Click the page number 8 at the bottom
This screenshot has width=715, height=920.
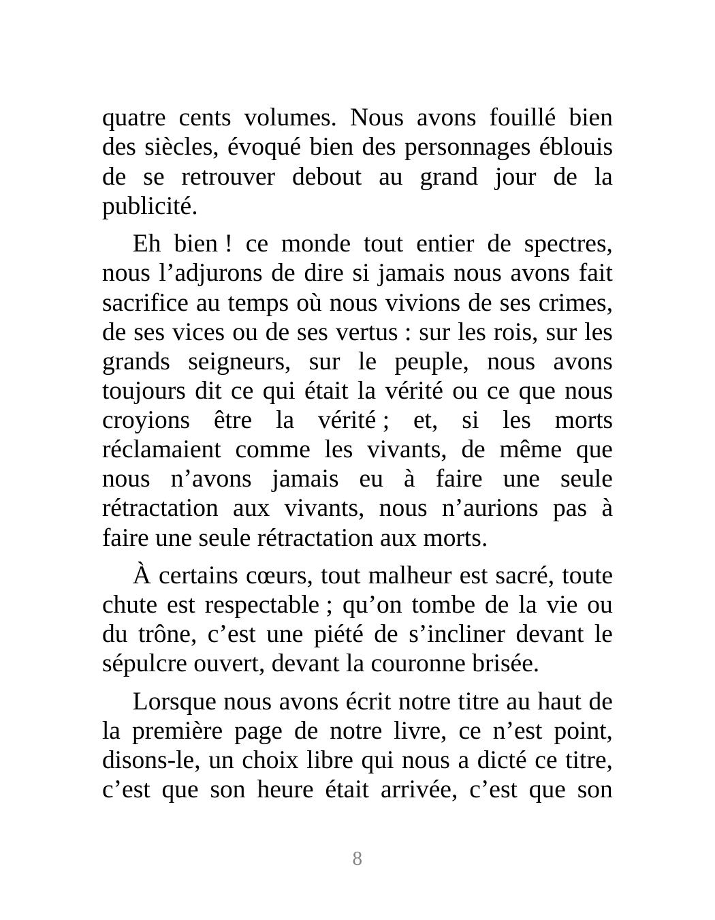(x=357, y=859)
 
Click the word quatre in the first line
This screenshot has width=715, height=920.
(x=133, y=119)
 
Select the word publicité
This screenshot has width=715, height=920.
(x=149, y=207)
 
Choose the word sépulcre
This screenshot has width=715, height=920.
(x=139, y=664)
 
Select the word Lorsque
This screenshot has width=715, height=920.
(x=173, y=702)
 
